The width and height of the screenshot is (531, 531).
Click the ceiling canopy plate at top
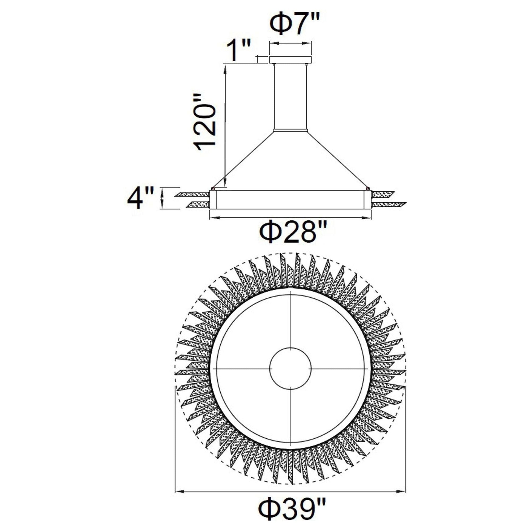point(290,60)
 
